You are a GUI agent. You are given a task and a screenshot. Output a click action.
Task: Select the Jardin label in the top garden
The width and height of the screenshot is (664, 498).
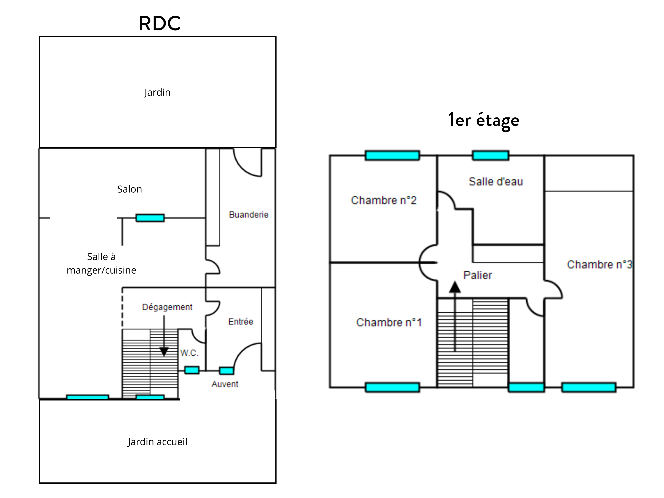(x=157, y=92)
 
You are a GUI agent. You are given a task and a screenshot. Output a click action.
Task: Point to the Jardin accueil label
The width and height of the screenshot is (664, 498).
(x=157, y=442)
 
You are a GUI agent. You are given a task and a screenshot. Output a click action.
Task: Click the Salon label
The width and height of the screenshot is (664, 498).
(x=129, y=189)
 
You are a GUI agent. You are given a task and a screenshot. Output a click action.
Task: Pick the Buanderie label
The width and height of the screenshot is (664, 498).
(x=249, y=215)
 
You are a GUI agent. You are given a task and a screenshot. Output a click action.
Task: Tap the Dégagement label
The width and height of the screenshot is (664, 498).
(x=167, y=307)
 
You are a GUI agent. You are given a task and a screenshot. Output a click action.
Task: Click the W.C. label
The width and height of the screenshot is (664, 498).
(x=189, y=353)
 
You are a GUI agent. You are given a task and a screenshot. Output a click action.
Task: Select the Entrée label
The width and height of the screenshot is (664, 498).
(x=240, y=322)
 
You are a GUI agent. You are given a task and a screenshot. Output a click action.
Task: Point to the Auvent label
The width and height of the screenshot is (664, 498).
(x=225, y=384)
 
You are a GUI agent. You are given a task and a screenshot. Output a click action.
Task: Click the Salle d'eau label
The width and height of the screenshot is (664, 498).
(x=496, y=182)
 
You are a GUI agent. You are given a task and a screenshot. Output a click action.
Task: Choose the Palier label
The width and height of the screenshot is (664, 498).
(x=478, y=275)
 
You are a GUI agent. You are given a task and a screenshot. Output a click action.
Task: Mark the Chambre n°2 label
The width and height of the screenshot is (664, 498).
(x=384, y=200)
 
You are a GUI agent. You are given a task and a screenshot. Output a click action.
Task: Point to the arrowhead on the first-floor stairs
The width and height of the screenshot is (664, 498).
(x=455, y=287)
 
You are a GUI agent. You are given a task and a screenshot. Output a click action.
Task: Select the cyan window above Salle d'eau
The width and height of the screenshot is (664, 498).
(x=491, y=155)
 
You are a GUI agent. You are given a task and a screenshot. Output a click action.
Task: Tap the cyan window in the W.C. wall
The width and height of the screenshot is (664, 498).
(x=191, y=370)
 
